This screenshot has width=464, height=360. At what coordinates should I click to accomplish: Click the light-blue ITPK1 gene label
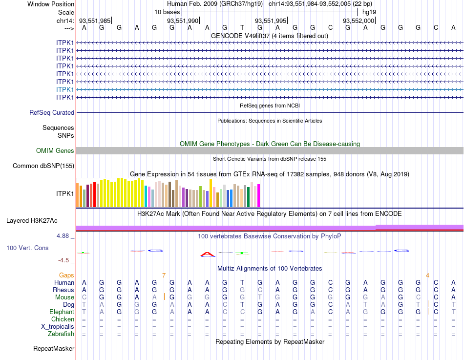point(65,89)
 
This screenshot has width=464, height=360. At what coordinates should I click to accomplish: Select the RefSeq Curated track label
point(52,112)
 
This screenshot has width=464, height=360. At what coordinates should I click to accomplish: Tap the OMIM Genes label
point(55,150)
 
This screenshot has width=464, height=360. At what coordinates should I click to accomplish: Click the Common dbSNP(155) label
point(43,166)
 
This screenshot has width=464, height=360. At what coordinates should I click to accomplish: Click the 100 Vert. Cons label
point(27,248)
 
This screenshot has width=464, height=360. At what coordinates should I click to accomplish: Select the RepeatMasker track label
point(54,349)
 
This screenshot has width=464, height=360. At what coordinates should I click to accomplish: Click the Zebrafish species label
point(61,334)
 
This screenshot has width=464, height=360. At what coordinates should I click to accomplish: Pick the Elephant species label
point(62,312)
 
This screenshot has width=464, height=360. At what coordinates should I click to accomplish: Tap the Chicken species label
point(63,319)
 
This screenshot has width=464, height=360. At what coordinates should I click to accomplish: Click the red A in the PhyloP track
point(208,254)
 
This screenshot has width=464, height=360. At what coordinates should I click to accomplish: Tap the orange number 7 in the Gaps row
point(164,275)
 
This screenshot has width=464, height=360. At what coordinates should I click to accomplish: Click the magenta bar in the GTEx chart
point(258,195)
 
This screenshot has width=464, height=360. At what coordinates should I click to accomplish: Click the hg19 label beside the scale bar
point(369,12)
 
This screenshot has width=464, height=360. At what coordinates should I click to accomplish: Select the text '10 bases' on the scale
point(167,12)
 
